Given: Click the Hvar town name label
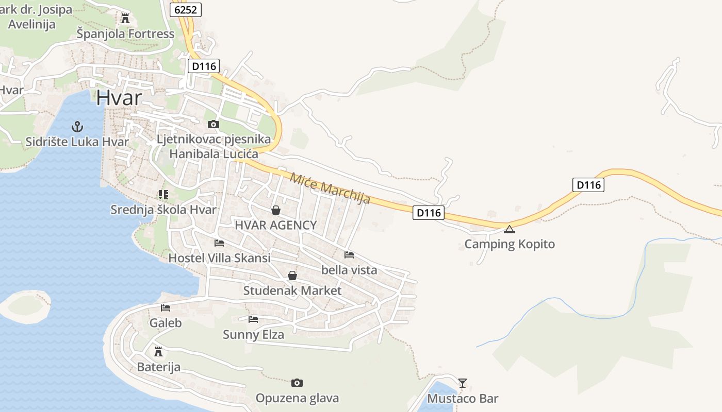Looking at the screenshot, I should click(x=119, y=97).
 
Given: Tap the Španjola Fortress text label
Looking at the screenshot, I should click(x=126, y=34).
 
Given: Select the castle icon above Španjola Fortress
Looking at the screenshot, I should click(x=125, y=19).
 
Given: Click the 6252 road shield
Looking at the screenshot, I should click(x=185, y=9).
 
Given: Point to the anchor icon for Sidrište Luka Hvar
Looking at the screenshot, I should click(x=77, y=126).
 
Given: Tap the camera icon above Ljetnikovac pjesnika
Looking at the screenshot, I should click(x=213, y=124).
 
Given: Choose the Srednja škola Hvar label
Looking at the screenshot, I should click(x=163, y=210).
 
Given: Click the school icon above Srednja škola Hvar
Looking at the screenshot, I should click(x=163, y=195).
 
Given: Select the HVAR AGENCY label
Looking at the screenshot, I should click(x=275, y=225).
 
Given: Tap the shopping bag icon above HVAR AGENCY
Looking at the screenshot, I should click(x=276, y=210).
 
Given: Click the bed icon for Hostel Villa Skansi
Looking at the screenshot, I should click(x=219, y=243).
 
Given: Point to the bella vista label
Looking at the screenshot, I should click(x=349, y=269).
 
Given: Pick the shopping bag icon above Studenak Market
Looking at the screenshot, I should click(x=292, y=276).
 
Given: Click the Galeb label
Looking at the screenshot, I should click(x=166, y=323).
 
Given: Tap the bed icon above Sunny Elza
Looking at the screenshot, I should click(x=253, y=319).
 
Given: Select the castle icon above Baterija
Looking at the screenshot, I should click(x=158, y=352).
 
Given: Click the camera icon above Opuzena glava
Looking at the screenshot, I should click(x=297, y=383).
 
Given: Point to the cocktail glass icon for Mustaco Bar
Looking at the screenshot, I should click(x=463, y=383).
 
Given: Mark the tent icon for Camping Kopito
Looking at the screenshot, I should click(x=510, y=229).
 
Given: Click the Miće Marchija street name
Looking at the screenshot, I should click(x=330, y=188).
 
